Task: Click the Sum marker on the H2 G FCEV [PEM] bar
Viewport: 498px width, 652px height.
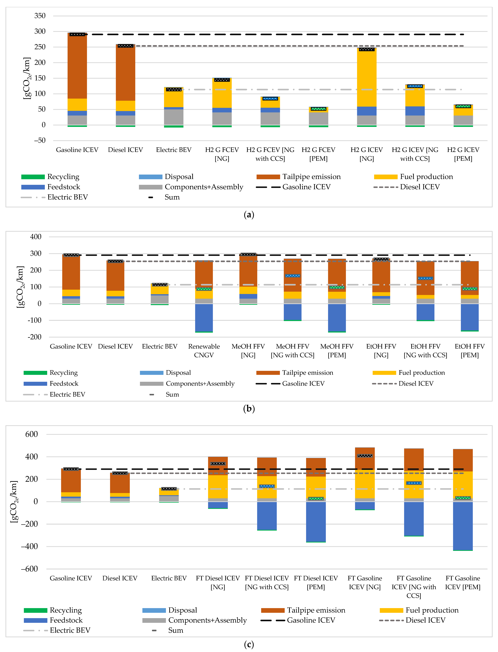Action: [x=318, y=109]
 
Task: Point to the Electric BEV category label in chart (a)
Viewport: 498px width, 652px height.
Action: [x=174, y=150]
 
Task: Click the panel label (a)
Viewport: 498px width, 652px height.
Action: [x=249, y=215]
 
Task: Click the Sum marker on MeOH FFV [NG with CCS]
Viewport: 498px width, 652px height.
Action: [x=293, y=276]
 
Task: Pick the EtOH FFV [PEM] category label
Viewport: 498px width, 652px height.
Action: [x=470, y=351]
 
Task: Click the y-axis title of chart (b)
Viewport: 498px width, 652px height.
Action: [x=20, y=287]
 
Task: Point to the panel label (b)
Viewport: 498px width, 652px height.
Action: [x=249, y=409]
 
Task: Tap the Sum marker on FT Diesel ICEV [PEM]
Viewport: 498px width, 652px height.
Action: [x=316, y=499]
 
